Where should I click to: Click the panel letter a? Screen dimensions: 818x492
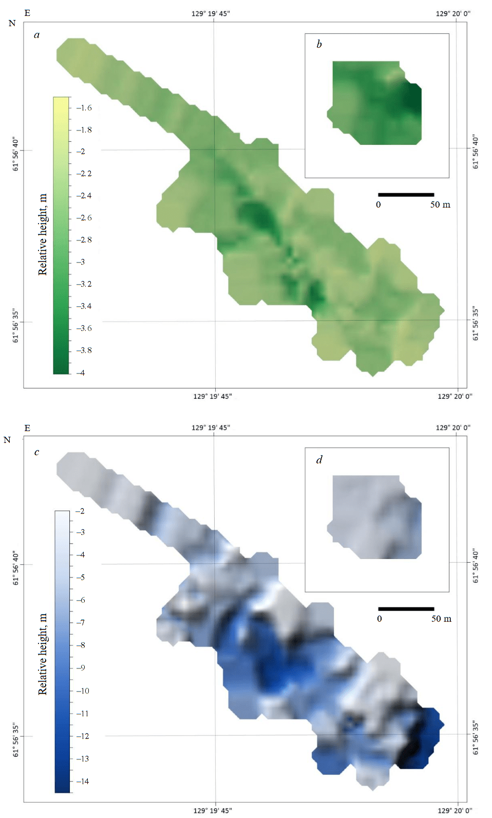(x=36, y=35)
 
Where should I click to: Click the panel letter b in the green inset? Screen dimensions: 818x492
(x=319, y=44)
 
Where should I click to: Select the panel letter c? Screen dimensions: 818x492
(x=36, y=452)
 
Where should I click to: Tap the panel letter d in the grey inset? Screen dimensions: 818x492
(x=319, y=459)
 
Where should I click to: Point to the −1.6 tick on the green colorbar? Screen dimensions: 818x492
(x=84, y=108)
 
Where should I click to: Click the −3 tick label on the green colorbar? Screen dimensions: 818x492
(x=81, y=262)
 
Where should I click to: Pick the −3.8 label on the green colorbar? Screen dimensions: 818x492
(x=84, y=350)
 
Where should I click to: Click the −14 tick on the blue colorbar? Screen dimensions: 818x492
(x=82, y=782)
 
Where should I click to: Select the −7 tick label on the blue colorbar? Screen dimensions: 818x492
(x=81, y=623)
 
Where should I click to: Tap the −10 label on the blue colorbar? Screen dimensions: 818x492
(x=82, y=691)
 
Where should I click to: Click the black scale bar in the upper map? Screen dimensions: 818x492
(x=406, y=195)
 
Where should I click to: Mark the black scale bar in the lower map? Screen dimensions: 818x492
(x=406, y=609)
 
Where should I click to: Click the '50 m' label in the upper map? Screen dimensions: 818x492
(x=440, y=204)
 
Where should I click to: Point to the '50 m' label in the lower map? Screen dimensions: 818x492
(x=441, y=619)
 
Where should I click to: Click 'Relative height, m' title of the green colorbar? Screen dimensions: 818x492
(x=43, y=234)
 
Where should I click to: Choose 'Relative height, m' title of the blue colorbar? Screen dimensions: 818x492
(x=43, y=654)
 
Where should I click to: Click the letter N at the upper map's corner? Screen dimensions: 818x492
(x=12, y=23)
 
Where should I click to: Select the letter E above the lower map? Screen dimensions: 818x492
(x=27, y=428)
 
